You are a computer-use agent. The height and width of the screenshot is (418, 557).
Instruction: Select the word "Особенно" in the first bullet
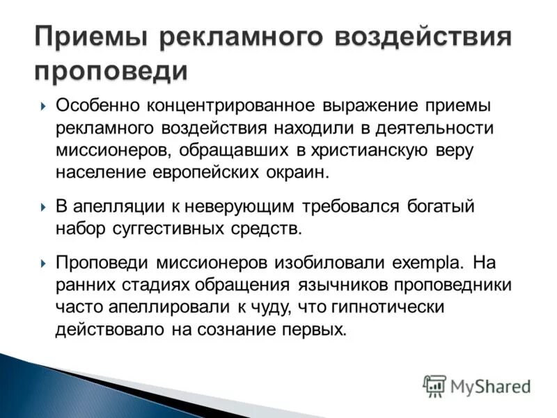click(98, 106)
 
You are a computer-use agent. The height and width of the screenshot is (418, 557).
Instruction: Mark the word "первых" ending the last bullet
click(312, 330)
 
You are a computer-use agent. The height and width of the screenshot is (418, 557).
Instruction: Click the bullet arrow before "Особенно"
click(43, 107)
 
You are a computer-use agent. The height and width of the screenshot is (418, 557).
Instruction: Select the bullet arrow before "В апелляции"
click(43, 208)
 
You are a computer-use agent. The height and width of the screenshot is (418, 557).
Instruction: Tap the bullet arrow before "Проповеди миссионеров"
click(43, 264)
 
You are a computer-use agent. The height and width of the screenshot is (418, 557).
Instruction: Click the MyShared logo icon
click(434, 385)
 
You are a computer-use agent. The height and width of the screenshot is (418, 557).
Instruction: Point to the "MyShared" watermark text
click(490, 386)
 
